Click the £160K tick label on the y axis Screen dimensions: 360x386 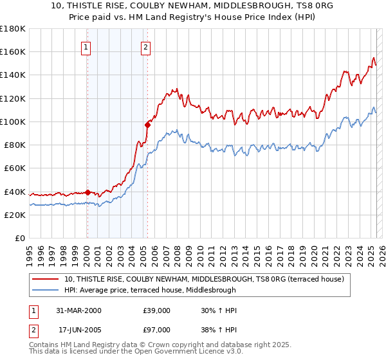click(x=13, y=51)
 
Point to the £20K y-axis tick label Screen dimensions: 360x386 click(x=15, y=215)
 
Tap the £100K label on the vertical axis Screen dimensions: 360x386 click(x=13, y=122)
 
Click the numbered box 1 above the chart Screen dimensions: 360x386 click(x=86, y=46)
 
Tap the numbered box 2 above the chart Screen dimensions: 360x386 click(x=146, y=46)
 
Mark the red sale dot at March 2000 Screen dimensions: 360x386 click(x=87, y=192)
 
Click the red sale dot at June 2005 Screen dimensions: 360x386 click(x=147, y=125)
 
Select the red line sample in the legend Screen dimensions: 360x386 click(x=47, y=279)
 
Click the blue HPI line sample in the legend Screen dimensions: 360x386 click(x=47, y=290)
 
